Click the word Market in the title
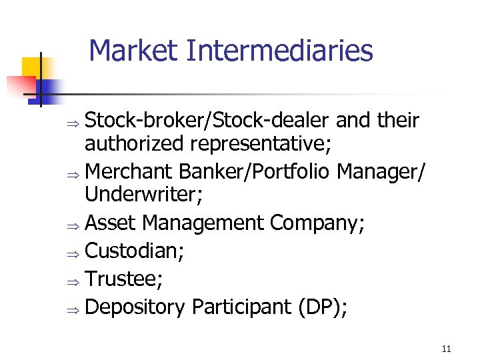pos(134,51)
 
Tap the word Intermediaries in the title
pos(280,51)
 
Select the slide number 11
pos(446,349)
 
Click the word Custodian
pos(134,251)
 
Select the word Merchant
pos(129,171)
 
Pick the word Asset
pos(111,223)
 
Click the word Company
pos(316,223)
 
